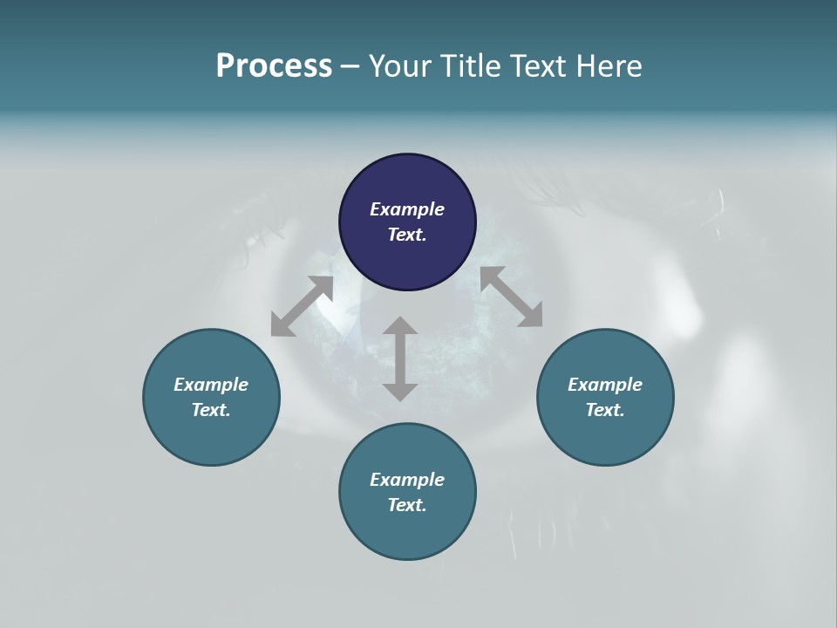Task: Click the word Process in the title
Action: [x=274, y=66]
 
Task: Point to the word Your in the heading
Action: [x=398, y=66]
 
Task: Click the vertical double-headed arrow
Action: [x=400, y=358]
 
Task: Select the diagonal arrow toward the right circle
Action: [x=512, y=297]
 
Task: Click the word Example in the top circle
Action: [x=407, y=209]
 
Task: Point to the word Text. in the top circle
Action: [x=407, y=235]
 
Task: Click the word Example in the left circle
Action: [x=211, y=385]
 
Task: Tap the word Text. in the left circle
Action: [x=211, y=410]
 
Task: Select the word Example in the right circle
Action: [x=605, y=385]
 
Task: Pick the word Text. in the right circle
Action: [x=605, y=410]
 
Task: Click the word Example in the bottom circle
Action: [x=407, y=480]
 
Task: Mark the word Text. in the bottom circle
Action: [x=407, y=505]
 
